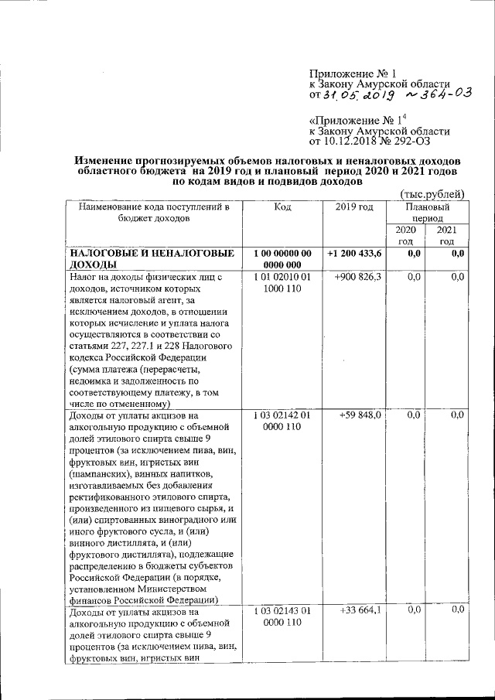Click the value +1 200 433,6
point(354,253)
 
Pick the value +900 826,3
point(358,277)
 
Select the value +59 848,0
point(360,415)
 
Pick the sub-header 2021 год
point(447,236)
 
